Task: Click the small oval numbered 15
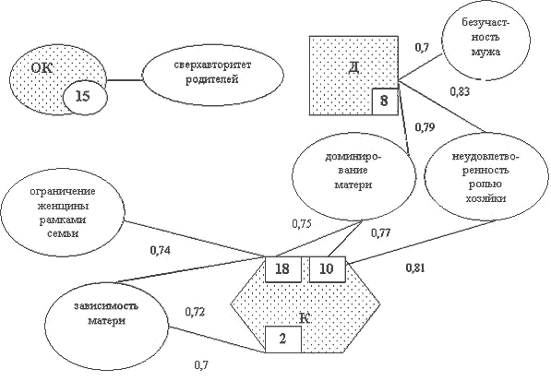click(85, 97)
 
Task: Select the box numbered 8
click(385, 101)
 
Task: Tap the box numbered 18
click(282, 269)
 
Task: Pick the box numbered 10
click(327, 269)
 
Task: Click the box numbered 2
click(282, 339)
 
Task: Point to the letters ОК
click(42, 67)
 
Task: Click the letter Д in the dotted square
click(353, 67)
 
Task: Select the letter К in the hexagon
click(305, 318)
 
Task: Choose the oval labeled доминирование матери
click(353, 178)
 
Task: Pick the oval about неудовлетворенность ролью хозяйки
click(486, 177)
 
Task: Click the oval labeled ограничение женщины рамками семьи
click(63, 212)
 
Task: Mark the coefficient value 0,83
click(460, 91)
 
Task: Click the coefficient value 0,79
click(425, 127)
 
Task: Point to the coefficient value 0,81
click(415, 268)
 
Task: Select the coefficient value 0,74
click(161, 250)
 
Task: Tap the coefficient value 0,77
click(381, 232)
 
